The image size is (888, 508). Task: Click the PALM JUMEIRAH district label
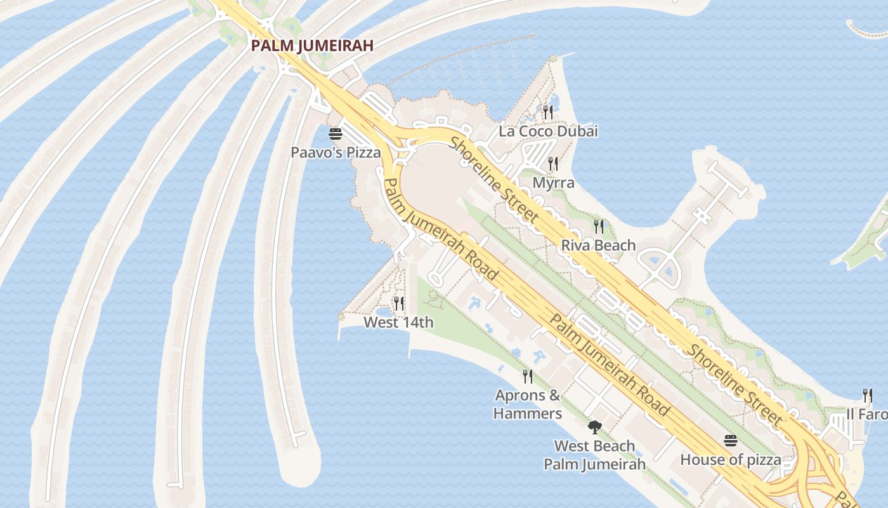[x=311, y=46]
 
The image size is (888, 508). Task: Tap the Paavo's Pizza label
[x=336, y=152]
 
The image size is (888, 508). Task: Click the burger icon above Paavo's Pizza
[x=335, y=134]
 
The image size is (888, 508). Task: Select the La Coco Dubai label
[x=548, y=131]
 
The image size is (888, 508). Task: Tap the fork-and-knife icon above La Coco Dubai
[x=547, y=112]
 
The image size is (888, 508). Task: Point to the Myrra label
[x=553, y=183]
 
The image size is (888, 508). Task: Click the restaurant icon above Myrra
[x=553, y=164]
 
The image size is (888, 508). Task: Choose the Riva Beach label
[x=598, y=245]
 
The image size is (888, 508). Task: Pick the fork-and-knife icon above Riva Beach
[x=598, y=225]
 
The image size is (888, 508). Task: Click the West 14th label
[x=398, y=323]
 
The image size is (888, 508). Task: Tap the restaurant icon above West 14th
[x=398, y=304]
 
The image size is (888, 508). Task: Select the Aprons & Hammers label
[x=528, y=404]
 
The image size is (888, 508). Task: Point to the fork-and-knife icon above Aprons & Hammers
[x=528, y=377]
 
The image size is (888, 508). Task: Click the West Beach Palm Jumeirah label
[x=594, y=455]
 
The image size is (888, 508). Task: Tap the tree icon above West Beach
[x=594, y=427]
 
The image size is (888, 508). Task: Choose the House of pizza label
[x=731, y=459]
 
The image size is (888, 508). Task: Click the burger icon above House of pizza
[x=731, y=441]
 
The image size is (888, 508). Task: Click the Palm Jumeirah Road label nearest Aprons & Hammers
[x=609, y=364]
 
